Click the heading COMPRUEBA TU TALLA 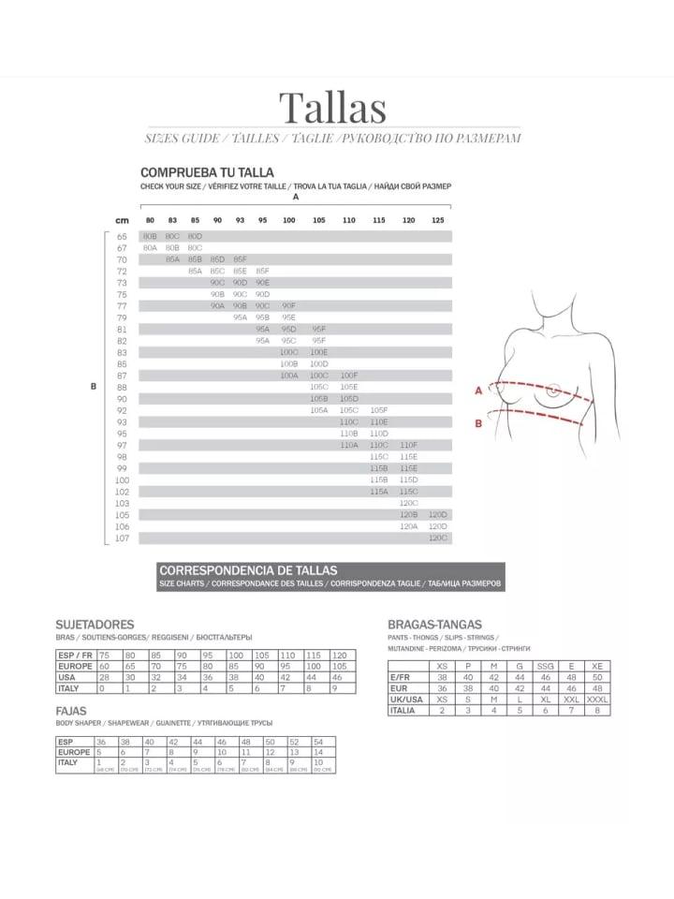(x=207, y=172)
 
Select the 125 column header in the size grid (x=438, y=219)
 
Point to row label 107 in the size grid (x=122, y=538)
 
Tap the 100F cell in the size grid (x=349, y=375)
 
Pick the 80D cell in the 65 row (x=195, y=236)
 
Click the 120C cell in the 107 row (x=438, y=538)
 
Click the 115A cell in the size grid (x=378, y=491)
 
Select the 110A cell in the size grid (x=349, y=445)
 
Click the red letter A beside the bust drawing (x=477, y=391)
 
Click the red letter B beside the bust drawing (x=477, y=422)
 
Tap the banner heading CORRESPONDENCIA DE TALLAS (x=248, y=569)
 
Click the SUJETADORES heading (x=95, y=624)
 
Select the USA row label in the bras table (x=67, y=677)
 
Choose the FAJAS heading (x=71, y=711)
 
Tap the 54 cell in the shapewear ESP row (x=319, y=741)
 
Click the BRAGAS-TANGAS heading (x=434, y=624)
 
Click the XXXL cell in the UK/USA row (x=597, y=699)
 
